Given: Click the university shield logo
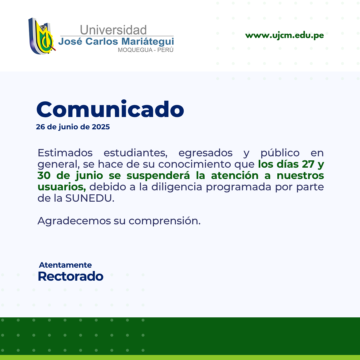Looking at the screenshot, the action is [x=42, y=36].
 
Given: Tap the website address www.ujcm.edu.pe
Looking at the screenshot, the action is [x=284, y=35].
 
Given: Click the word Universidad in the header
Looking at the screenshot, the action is [x=113, y=30].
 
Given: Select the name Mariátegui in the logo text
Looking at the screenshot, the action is [x=148, y=42].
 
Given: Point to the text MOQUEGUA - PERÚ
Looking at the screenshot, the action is [x=146, y=50].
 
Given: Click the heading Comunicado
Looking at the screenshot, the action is [x=110, y=109].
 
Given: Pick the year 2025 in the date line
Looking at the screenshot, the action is [x=101, y=127].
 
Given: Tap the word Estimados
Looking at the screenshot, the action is [x=65, y=153].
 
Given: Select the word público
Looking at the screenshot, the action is [x=280, y=153].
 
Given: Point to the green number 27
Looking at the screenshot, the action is [x=308, y=164].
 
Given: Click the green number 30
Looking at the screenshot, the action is [x=44, y=176].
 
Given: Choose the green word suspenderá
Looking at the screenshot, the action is [x=158, y=176].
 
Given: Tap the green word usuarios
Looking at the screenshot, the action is [x=62, y=187].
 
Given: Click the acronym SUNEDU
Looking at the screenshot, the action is [x=88, y=198].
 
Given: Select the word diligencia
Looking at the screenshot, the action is [x=177, y=187].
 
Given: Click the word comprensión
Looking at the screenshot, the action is [x=164, y=221].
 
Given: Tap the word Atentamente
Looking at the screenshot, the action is [x=65, y=265].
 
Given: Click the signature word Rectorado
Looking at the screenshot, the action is [x=70, y=276].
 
